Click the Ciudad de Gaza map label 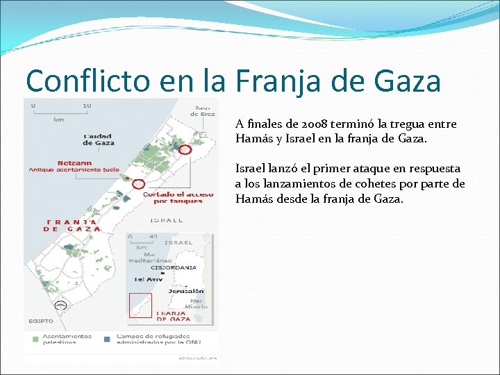point(99,139)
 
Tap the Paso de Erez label point(203,110)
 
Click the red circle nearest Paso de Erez point(185,149)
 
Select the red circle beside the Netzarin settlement point(138,184)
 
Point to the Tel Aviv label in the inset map point(148,279)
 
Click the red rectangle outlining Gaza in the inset point(140,306)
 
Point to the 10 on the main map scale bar point(86,106)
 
